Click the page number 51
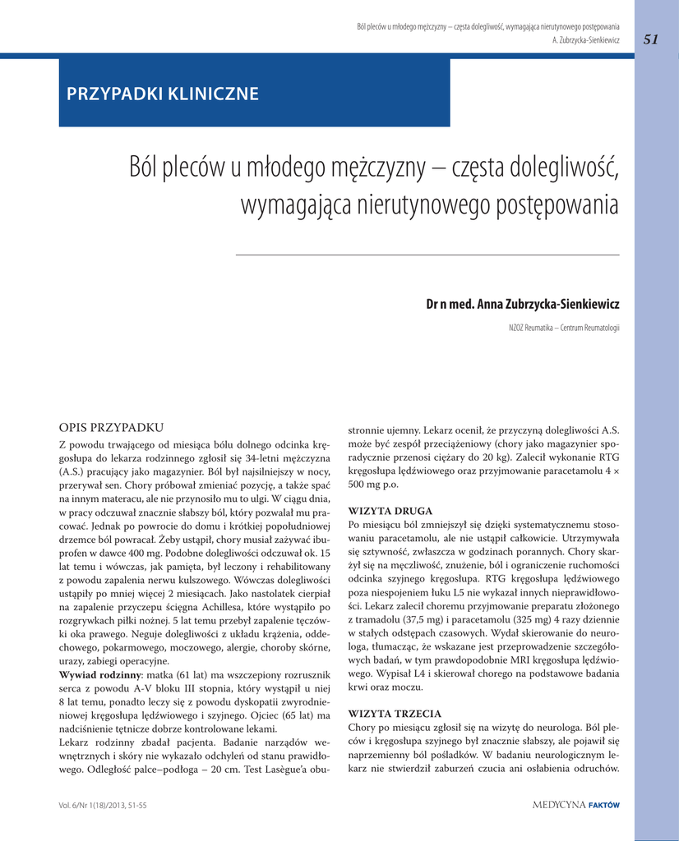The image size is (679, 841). coord(651,39)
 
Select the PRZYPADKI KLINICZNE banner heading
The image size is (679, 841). coord(163,94)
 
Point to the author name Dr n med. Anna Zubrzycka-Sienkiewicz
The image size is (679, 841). coord(522,305)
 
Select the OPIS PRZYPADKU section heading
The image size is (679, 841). coord(112,427)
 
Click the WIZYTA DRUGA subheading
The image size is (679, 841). coord(390,510)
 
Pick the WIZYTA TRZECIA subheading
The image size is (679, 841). coord(395,713)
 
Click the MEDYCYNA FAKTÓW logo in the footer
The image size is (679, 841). coord(575,805)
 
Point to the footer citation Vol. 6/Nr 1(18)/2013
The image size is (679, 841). coord(103,806)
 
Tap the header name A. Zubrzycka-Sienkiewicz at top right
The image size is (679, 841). coord(586,39)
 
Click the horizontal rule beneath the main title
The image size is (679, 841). coord(427,255)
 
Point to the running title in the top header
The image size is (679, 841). coord(488,27)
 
